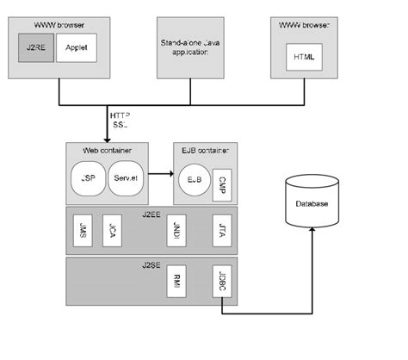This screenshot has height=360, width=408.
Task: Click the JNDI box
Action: tap(178, 231)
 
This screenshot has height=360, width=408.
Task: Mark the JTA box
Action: tap(220, 231)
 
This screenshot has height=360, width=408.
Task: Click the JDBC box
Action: tap(220, 283)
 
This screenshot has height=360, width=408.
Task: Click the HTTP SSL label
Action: tap(120, 120)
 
